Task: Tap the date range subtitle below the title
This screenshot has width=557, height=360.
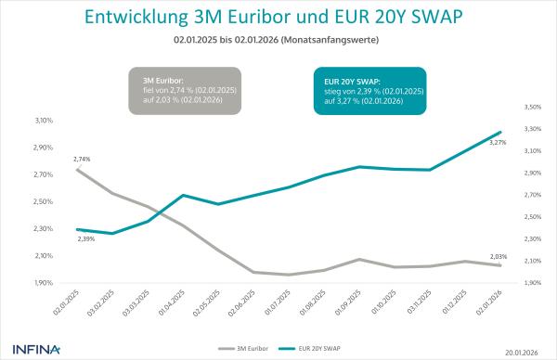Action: coord(278,43)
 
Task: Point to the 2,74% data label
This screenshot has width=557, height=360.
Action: coord(82,160)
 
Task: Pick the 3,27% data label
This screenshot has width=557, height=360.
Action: coord(498,142)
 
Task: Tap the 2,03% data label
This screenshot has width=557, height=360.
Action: coord(499,256)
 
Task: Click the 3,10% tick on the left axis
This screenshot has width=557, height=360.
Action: coord(43,121)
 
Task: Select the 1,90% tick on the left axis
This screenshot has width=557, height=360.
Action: coord(43,283)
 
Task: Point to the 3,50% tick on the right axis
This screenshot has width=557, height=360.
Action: coord(532,107)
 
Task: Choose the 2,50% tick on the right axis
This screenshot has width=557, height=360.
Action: coord(532,217)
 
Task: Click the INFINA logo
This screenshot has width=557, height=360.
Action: coord(37,349)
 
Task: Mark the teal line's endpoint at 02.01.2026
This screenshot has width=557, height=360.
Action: coord(500,132)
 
